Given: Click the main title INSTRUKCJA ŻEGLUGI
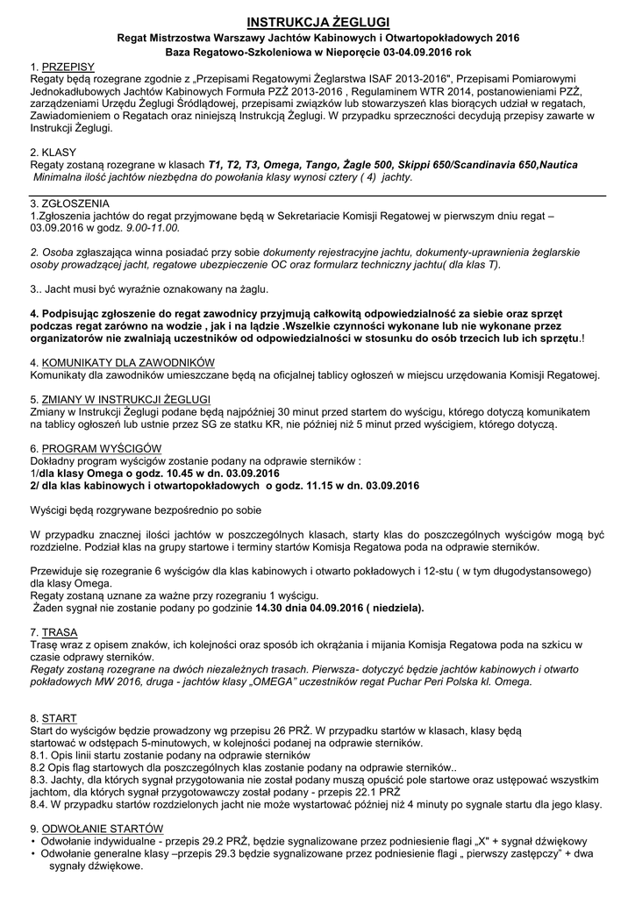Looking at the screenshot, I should coord(317,21).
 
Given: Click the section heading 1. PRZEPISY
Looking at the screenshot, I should coord(62,68).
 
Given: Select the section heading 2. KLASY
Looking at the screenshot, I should coord(54,152).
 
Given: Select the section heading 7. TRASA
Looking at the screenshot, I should coord(54,632).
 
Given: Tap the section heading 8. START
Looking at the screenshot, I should coord(53,716).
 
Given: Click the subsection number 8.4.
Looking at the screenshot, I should coord(40,803).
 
